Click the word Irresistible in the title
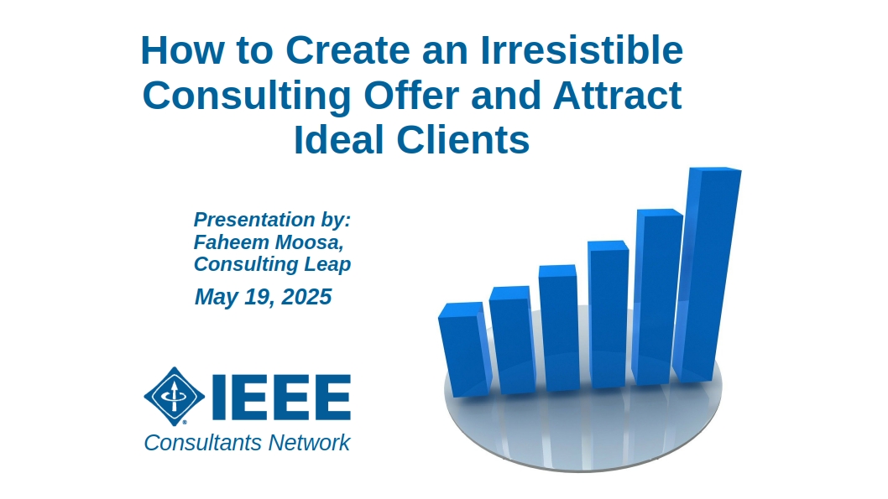coord(582,49)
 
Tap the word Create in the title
coord(347,49)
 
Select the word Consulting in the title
coord(247,96)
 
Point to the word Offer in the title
coord(411,95)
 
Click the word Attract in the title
coord(617,95)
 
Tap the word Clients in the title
coord(463,139)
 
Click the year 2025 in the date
coord(306,297)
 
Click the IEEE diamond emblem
coord(175,396)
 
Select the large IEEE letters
coord(281,397)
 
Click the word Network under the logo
coord(309,443)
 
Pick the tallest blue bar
coord(708,274)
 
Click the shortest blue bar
coord(464,349)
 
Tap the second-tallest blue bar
coord(657,297)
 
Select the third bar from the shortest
coord(559,328)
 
